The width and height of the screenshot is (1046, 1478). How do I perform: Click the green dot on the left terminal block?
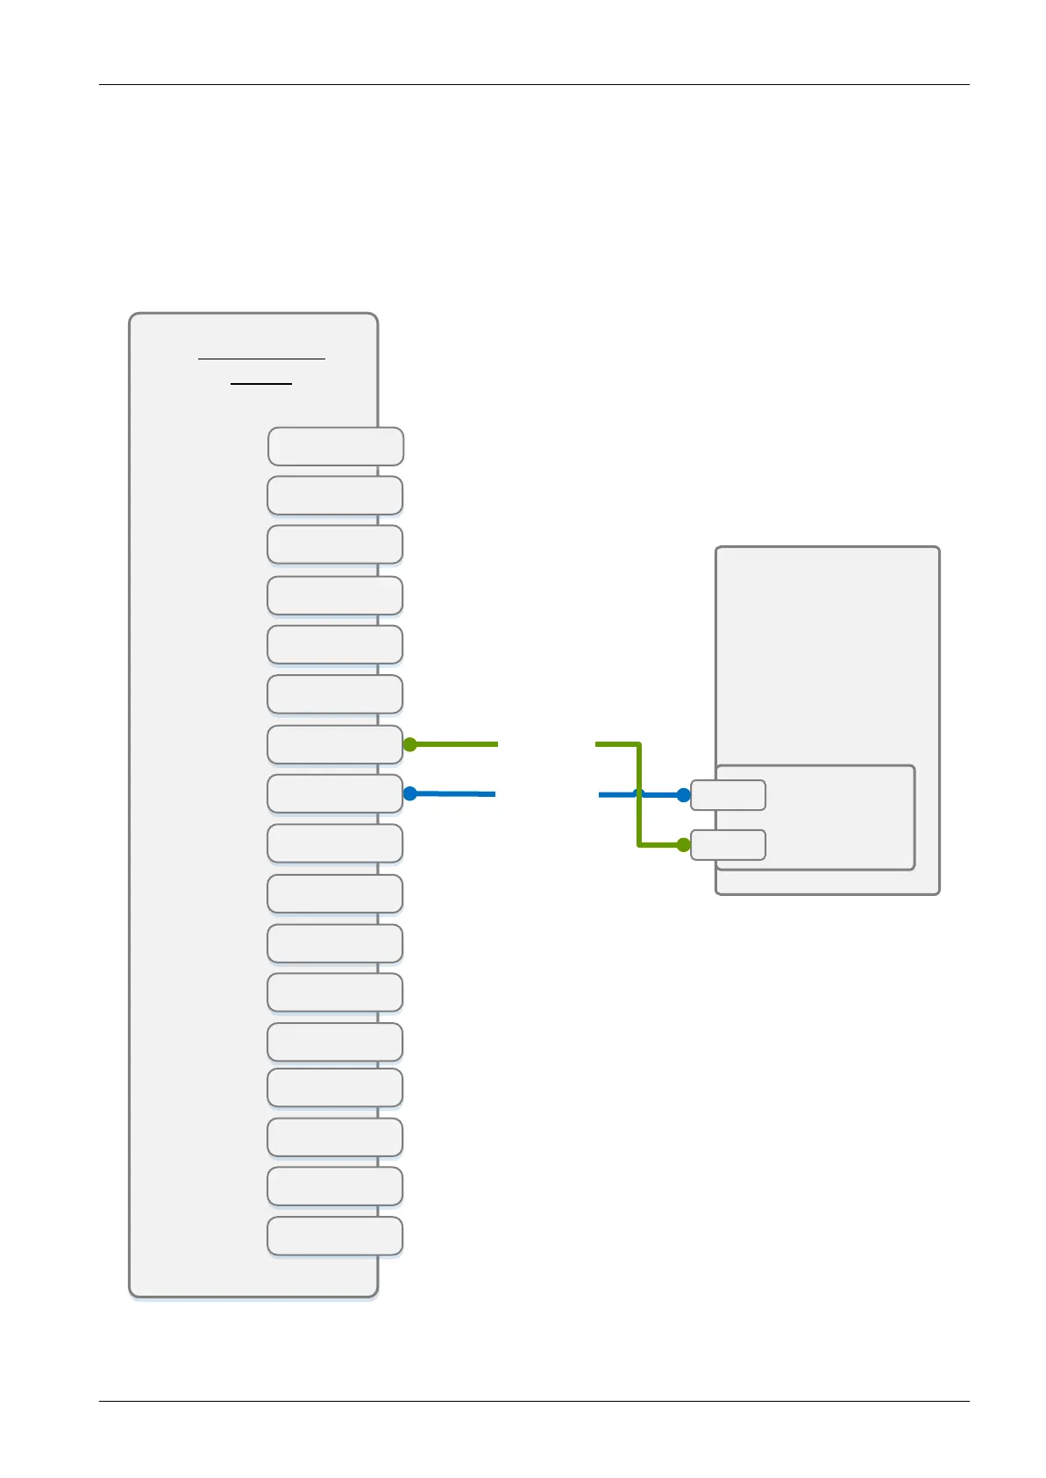[409, 745]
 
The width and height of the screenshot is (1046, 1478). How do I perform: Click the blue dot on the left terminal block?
[409, 793]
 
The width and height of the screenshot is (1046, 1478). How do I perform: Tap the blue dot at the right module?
[684, 795]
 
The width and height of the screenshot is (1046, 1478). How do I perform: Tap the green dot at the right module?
[684, 845]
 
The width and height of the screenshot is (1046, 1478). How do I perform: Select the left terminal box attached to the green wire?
[334, 745]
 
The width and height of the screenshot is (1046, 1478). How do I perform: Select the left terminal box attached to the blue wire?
[334, 794]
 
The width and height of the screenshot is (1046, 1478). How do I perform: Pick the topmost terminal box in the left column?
[335, 446]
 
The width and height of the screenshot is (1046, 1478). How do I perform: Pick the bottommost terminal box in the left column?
[334, 1236]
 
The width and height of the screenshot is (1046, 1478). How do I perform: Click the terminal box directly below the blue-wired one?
[334, 843]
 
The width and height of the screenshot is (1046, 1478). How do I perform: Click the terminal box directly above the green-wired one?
[334, 694]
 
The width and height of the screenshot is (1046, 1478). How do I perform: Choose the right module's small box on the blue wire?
[728, 795]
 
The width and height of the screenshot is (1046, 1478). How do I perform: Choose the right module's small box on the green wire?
[728, 845]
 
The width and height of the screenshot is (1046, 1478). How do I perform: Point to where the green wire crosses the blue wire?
[639, 794]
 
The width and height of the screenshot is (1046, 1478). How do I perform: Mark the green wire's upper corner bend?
[639, 745]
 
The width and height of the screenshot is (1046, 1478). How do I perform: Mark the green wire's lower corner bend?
[639, 845]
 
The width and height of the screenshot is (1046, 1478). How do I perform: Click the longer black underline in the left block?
[261, 359]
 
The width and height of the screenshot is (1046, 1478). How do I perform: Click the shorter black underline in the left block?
[261, 384]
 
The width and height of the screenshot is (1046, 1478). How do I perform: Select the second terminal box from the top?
[334, 495]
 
